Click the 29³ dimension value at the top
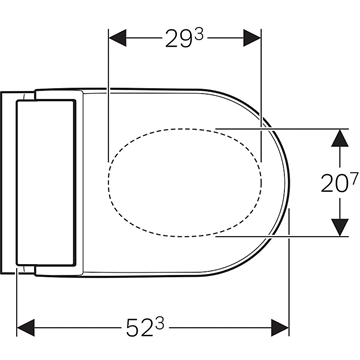click(x=184, y=38)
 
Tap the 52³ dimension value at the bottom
click(x=145, y=327)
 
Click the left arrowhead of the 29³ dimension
click(x=117, y=38)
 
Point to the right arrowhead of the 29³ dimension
click(x=252, y=38)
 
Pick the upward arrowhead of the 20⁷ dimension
click(x=340, y=138)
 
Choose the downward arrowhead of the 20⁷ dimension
click(x=340, y=227)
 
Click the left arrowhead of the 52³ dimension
click(x=26, y=327)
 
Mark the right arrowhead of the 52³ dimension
click(x=280, y=327)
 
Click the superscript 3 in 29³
click(x=199, y=35)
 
